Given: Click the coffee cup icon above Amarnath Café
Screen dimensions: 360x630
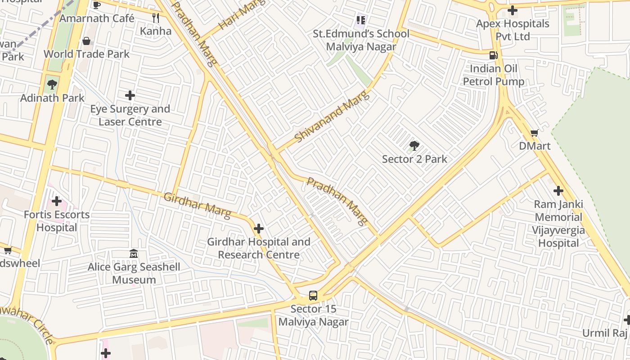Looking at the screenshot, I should (96, 5).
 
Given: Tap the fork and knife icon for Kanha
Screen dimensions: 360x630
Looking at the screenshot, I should (156, 18).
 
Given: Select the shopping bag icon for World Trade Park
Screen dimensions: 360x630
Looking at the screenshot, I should (86, 41).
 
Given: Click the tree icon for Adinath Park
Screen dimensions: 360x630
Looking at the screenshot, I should (52, 84).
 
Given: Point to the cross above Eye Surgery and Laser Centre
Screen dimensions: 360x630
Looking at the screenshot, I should (130, 95).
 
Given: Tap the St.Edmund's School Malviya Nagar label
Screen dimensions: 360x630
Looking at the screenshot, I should (361, 40).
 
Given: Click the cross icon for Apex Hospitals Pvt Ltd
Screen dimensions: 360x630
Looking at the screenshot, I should (512, 10).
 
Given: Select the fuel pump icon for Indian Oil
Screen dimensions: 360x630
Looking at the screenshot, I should (494, 55).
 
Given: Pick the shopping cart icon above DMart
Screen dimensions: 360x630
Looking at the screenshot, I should (534, 133).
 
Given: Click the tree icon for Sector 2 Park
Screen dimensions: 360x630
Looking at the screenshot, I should (414, 146).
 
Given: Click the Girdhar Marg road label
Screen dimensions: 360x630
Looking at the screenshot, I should (197, 205).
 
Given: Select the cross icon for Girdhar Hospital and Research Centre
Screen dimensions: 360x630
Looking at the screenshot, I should (258, 229).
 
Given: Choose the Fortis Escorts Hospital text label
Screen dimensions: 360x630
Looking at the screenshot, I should (57, 221).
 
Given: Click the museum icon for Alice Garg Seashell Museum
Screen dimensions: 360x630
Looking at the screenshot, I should (134, 254).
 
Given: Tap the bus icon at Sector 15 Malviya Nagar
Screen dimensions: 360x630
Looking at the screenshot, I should (313, 296).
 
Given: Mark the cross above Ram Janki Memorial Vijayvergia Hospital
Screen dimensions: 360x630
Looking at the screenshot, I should (558, 191).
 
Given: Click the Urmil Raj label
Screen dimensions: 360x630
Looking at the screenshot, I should (604, 333).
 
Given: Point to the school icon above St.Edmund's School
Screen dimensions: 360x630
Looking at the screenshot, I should (360, 20).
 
